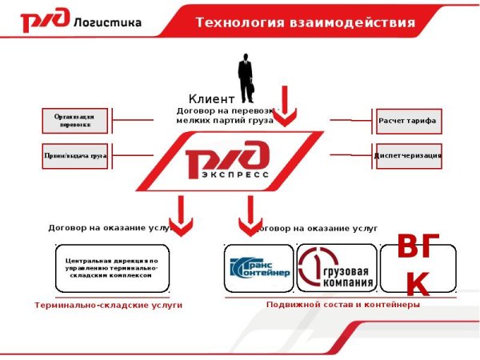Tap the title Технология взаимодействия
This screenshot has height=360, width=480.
point(305,22)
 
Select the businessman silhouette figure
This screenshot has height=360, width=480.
point(246,77)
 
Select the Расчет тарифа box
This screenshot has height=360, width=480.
point(408,121)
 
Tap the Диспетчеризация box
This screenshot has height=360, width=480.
point(408,155)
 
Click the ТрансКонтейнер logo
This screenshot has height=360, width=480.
point(258,268)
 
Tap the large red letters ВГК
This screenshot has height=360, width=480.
point(418,266)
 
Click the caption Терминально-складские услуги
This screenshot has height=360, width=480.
point(109,305)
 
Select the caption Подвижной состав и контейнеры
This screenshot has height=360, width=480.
point(342,305)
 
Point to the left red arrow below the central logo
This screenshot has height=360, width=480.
point(183,216)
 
